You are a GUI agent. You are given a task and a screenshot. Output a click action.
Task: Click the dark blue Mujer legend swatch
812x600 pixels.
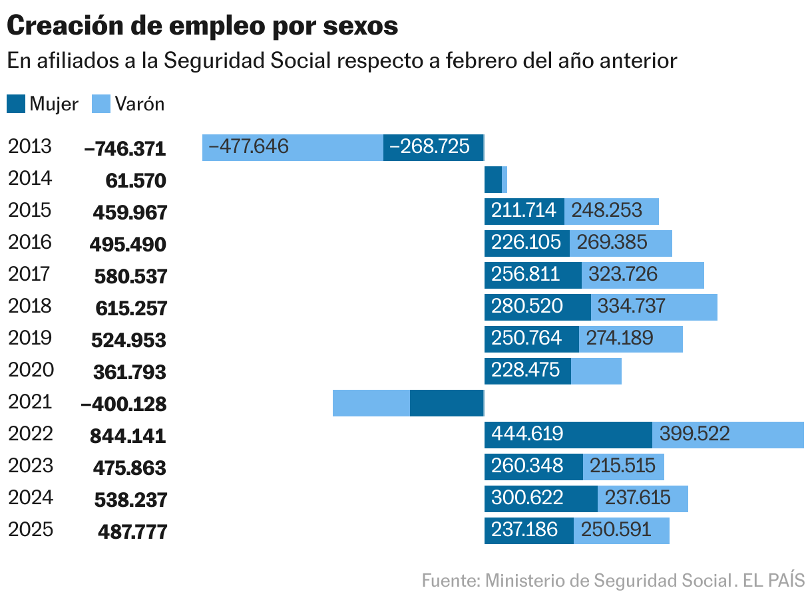[16, 104]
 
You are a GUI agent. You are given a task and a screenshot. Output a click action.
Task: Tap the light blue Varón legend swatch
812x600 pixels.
[101, 104]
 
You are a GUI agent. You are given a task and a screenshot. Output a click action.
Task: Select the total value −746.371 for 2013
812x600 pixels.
[125, 148]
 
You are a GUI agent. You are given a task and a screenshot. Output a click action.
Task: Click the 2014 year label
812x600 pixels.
[30, 178]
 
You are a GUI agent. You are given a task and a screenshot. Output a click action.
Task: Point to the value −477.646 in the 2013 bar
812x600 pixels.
[249, 146]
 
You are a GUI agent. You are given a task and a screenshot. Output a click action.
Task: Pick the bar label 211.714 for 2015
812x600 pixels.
[524, 211]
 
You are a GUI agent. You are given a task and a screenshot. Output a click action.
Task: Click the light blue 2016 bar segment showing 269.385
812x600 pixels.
[620, 243]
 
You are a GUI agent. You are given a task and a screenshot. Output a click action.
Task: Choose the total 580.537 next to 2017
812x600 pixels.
[130, 276]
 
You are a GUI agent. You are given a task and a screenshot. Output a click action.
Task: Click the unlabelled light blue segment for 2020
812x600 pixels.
[596, 371]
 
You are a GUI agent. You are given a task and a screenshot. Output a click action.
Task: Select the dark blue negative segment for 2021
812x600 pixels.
[446, 403]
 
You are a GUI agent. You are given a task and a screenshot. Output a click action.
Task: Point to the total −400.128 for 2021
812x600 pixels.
[123, 404]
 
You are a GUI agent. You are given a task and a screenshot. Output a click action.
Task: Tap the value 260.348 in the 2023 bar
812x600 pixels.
[528, 466]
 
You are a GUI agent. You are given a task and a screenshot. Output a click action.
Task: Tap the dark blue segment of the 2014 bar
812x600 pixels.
[493, 180]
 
